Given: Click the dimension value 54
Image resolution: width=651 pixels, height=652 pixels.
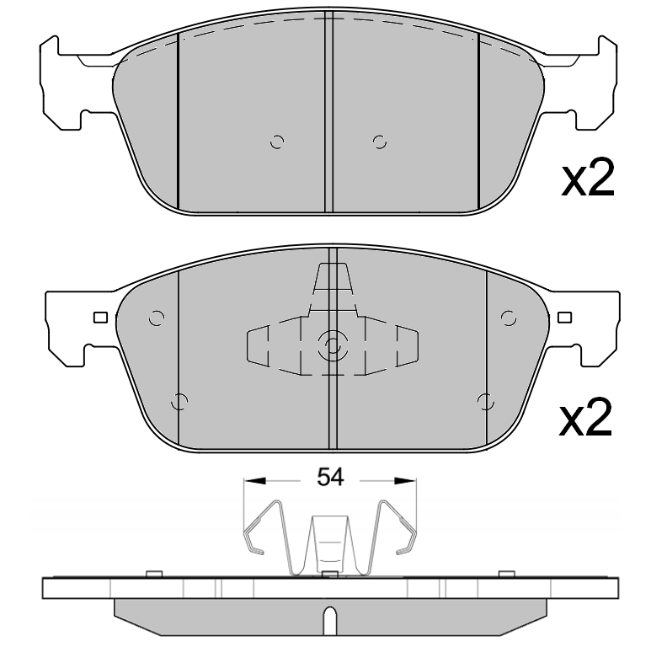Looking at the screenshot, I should point(330,478).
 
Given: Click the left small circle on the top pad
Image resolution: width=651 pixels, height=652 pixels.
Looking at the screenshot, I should point(277,142).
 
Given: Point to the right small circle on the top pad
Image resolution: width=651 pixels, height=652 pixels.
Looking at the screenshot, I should point(380,142).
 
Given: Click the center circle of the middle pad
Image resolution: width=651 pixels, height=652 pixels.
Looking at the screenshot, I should point(331,345).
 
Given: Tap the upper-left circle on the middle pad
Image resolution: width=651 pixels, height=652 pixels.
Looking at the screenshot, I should point(155,318).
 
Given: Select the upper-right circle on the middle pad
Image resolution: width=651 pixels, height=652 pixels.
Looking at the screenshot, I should point(508,318).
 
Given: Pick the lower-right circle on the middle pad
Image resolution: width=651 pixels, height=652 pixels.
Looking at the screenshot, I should point(483,401).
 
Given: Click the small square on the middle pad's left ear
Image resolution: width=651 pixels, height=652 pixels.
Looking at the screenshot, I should point(100,318).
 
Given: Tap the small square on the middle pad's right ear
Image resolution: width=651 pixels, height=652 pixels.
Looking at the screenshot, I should point(563,318).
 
